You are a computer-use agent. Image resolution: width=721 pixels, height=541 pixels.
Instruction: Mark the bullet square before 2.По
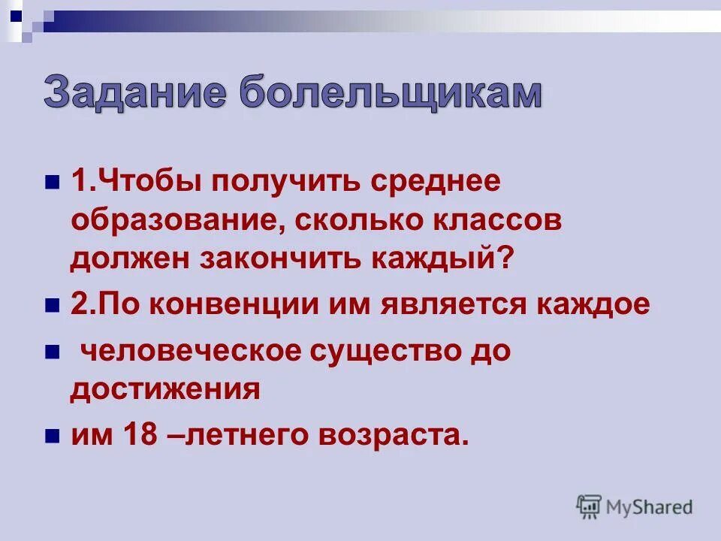(x=52, y=306)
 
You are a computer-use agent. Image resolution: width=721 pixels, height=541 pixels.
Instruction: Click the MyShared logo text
(x=650, y=507)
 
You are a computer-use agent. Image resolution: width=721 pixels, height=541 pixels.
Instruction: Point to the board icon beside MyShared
(x=589, y=506)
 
